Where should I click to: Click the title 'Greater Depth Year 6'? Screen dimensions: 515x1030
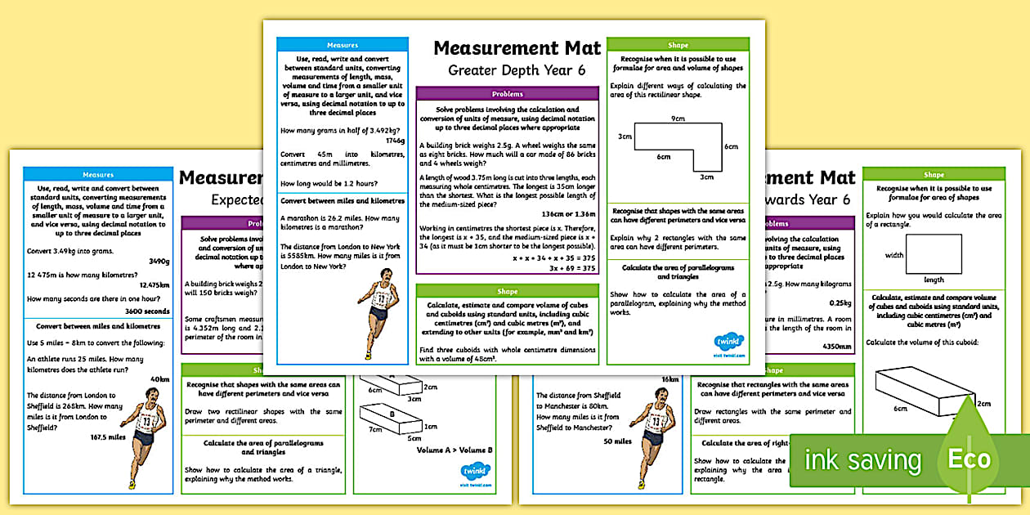517,70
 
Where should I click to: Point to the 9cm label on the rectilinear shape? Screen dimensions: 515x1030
677,119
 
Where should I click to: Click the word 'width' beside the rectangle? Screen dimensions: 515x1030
893,255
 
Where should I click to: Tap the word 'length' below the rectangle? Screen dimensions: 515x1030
934,280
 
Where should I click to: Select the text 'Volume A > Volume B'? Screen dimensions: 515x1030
455,450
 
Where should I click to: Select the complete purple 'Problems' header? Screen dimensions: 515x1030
508,94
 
